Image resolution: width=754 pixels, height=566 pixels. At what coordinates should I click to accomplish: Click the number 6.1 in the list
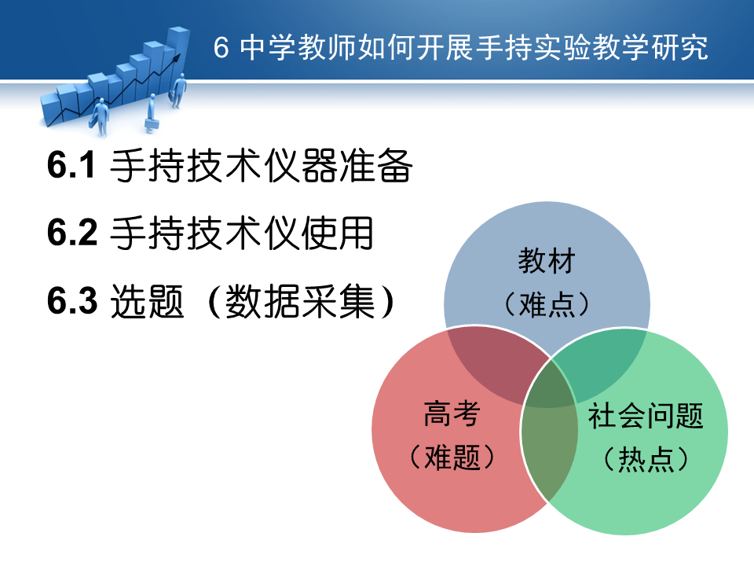(71, 165)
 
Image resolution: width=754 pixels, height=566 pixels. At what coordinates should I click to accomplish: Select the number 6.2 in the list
(72, 232)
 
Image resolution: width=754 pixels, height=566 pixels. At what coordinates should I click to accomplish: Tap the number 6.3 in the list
(72, 300)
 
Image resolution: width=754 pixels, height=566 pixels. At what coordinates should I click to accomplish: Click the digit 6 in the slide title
(221, 48)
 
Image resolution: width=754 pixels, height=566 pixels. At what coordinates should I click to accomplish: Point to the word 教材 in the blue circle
(547, 260)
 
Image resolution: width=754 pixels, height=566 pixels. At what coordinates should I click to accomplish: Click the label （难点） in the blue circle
(547, 303)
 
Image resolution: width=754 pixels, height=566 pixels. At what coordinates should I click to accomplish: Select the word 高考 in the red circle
(452, 413)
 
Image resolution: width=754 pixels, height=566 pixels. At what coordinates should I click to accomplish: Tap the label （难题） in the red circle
(452, 456)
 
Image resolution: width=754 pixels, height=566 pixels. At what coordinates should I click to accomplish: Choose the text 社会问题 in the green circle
(646, 415)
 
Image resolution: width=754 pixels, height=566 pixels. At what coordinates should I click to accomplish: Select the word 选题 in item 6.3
(147, 301)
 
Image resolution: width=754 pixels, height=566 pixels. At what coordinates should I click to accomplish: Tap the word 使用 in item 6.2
(338, 233)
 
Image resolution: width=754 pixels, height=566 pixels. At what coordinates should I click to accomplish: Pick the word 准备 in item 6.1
(376, 166)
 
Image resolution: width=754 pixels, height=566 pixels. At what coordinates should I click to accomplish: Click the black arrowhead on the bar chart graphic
(176, 57)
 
